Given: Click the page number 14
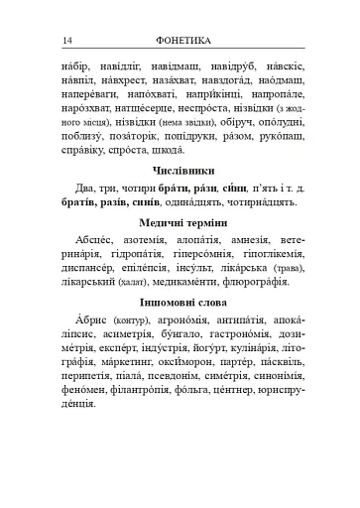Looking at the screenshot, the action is [x=67, y=41].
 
